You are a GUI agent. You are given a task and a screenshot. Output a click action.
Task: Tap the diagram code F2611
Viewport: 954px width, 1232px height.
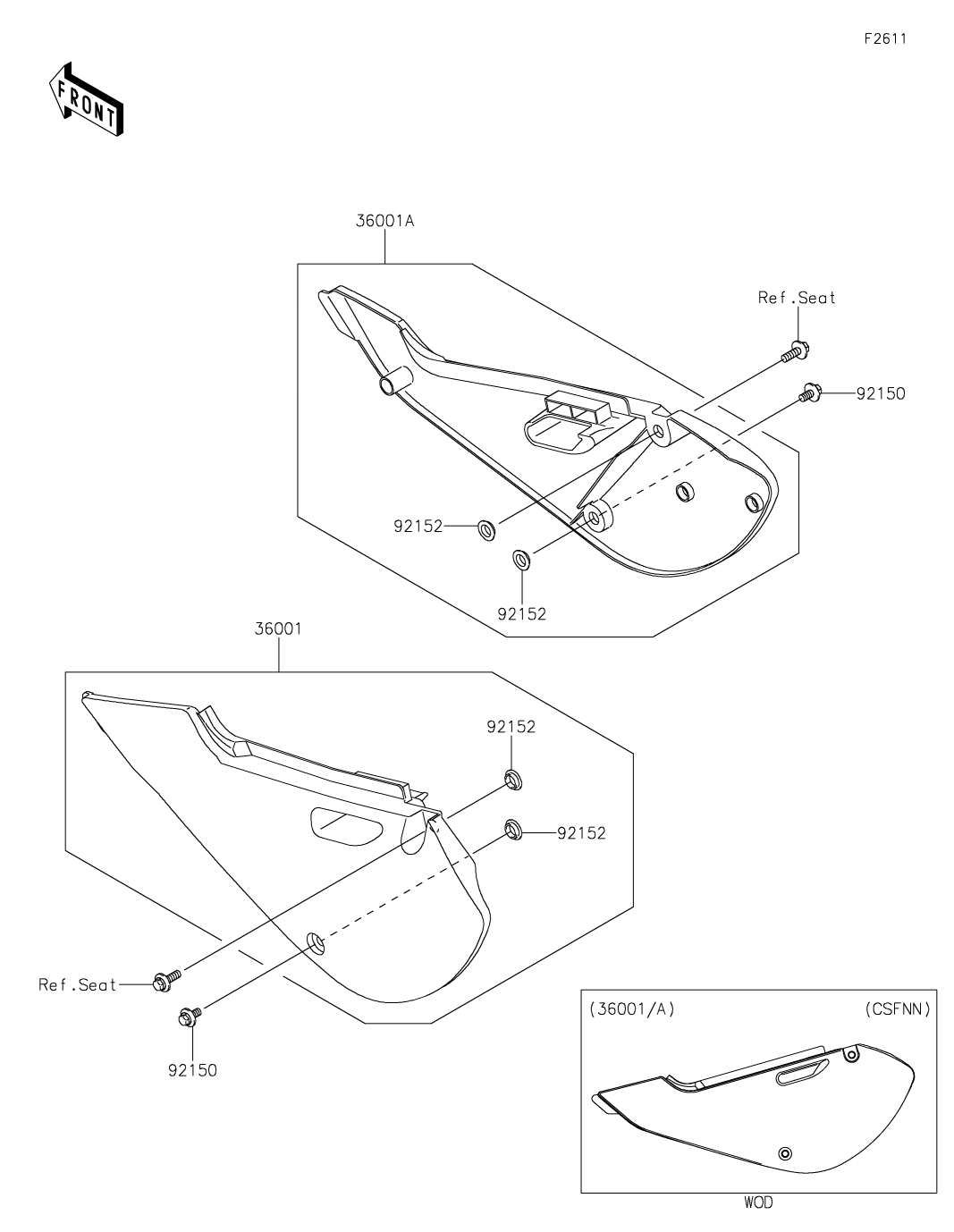point(885,38)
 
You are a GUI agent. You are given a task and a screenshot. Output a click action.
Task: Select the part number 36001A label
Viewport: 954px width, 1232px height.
point(384,221)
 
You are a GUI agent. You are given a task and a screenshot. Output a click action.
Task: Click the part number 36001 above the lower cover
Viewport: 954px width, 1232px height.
point(278,629)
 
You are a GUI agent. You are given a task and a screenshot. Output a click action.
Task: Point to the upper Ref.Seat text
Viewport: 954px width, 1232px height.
point(797,298)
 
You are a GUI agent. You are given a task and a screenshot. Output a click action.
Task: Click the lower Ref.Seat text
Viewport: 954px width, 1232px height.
point(77,985)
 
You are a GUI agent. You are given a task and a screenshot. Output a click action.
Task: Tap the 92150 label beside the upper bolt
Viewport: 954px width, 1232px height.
point(881,393)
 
